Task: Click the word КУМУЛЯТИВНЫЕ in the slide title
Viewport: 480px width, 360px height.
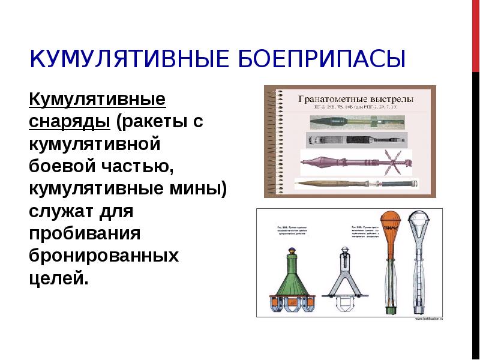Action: pos(125,59)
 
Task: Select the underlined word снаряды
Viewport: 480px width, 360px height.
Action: pos(69,121)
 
